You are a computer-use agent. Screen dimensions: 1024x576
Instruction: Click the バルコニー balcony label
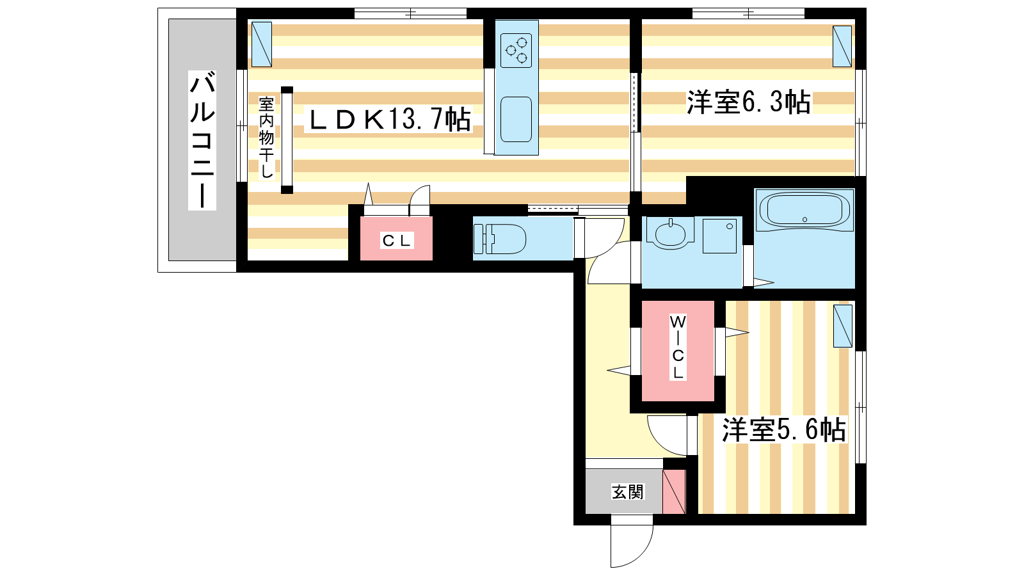[x=202, y=140]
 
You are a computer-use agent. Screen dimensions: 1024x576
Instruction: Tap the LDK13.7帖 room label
[x=389, y=120]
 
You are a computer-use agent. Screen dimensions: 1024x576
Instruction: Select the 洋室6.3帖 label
[x=749, y=102]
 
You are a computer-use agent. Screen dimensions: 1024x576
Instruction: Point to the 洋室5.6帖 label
[x=783, y=429]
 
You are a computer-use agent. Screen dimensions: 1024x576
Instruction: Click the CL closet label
[x=397, y=241]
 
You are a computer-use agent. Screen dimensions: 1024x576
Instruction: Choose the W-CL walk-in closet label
[x=678, y=346]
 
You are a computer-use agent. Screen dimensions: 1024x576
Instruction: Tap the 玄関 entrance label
[x=628, y=492]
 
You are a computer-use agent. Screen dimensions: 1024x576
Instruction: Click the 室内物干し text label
[x=266, y=138]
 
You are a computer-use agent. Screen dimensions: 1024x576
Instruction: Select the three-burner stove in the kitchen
[x=516, y=51]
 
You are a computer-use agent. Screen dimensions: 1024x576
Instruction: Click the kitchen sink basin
[x=516, y=120]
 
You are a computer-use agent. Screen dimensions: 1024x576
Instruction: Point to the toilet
[x=500, y=239]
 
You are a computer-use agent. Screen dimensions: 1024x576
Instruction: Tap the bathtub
[x=804, y=210]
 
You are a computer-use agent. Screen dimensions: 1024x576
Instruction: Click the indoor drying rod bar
[x=287, y=140]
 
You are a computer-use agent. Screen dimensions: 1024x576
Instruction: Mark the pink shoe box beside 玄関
[x=675, y=492]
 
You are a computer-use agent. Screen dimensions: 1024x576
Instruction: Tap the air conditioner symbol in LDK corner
[x=262, y=44]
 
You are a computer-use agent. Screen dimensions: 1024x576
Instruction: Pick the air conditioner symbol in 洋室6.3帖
[x=842, y=46]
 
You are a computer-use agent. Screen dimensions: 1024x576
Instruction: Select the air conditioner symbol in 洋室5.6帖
[x=842, y=326]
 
